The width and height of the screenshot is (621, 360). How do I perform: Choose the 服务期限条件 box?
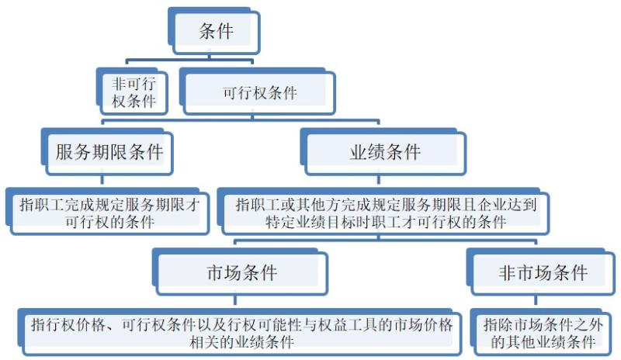[109, 152]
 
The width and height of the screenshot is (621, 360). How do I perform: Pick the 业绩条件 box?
[385, 152]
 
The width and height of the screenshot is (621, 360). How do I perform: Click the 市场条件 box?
[241, 272]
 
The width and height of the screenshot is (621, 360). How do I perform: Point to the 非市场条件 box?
[543, 272]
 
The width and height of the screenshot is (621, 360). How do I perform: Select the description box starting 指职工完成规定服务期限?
[109, 212]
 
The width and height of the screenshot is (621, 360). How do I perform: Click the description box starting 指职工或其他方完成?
[386, 212]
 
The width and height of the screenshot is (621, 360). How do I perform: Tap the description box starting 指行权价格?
[241, 332]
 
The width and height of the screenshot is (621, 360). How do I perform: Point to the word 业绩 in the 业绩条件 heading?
[367, 152]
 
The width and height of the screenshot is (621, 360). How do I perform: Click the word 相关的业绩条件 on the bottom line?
[241, 341]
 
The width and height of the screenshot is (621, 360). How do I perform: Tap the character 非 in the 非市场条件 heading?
[507, 272]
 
